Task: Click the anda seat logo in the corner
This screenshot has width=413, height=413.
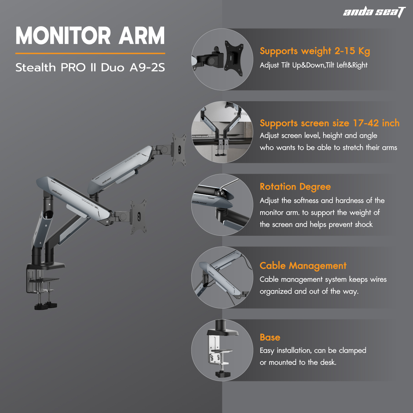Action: [x=374, y=12]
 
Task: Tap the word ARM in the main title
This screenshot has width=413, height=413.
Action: [x=142, y=35]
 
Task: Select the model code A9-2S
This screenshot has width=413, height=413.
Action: [x=147, y=67]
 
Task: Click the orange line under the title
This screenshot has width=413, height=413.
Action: [x=90, y=53]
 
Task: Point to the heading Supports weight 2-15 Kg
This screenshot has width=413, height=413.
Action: [x=315, y=51]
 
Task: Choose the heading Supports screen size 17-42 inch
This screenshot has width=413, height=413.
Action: [x=330, y=123]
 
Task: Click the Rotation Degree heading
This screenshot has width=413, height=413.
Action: [x=295, y=187]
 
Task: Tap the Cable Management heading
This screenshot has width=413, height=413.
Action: [x=303, y=266]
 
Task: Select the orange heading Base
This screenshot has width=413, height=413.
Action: [x=270, y=337]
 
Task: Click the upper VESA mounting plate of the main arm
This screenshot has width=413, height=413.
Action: [x=179, y=149]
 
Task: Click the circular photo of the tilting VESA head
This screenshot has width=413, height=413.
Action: [x=222, y=59]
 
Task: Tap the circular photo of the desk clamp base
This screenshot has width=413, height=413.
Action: [x=222, y=350]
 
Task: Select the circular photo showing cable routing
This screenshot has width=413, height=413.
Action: [x=222, y=277]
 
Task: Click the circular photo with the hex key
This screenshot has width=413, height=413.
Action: [x=222, y=205]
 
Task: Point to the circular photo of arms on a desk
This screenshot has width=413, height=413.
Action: [x=222, y=132]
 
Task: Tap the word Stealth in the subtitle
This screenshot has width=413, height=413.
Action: [x=35, y=67]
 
